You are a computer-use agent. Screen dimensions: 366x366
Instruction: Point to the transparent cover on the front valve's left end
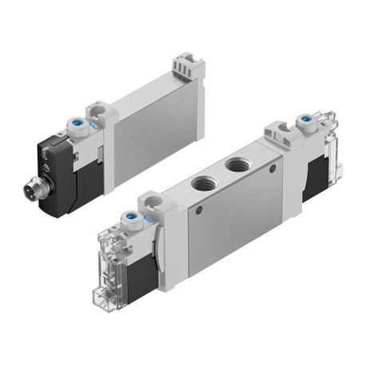click(110, 248)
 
